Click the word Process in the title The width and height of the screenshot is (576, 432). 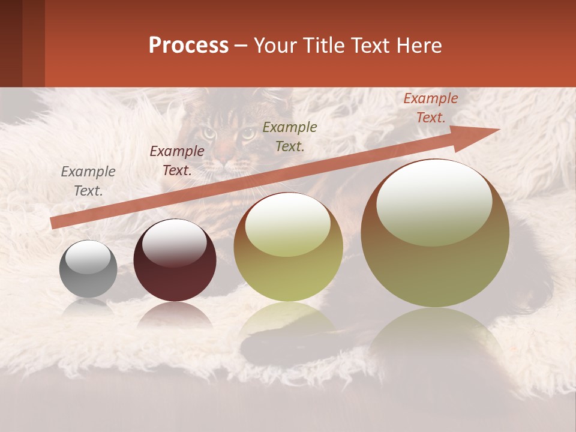188,45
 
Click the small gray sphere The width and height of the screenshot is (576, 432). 88,269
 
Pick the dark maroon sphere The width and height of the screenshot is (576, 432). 175,260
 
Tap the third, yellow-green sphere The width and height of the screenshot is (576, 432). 288,247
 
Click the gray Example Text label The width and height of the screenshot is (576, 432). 88,181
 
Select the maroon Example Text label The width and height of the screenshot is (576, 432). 177,161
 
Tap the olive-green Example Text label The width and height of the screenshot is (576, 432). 290,136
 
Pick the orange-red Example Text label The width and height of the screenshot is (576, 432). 430,108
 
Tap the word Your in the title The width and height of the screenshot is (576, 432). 276,45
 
